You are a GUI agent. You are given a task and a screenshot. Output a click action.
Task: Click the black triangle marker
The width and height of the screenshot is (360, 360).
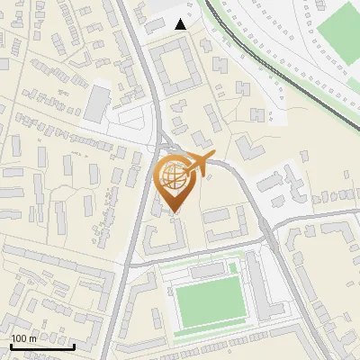click(181, 24)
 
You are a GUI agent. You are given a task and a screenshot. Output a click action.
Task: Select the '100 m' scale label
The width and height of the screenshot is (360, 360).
click(23, 338)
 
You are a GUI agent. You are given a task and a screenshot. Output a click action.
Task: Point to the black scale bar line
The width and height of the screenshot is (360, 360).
click(41, 346)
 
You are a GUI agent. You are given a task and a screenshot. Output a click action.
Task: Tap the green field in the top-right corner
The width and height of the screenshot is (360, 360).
click(338, 33)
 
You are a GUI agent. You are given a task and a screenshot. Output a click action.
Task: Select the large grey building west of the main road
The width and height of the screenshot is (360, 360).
click(97, 103)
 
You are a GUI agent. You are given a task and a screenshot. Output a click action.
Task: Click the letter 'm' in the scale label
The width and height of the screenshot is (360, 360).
click(32, 338)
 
